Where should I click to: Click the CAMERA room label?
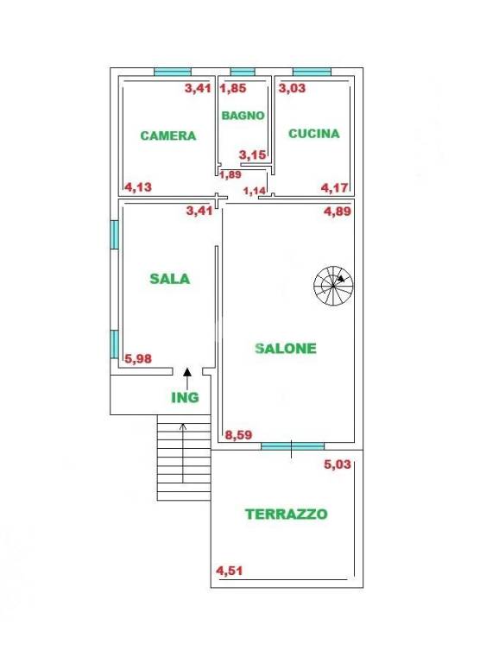tap(168, 136)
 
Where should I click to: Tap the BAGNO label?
tap(243, 115)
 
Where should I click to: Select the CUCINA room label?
tap(313, 134)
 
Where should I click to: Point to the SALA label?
tap(169, 279)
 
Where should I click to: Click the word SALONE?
tap(286, 349)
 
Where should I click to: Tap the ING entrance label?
tap(185, 398)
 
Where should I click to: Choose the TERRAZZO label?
tap(286, 514)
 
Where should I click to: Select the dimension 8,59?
tap(238, 436)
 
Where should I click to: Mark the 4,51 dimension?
tap(230, 570)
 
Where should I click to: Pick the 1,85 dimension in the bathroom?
tap(233, 88)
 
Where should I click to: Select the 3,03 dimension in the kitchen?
tap(292, 88)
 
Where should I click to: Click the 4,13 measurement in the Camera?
tap(139, 186)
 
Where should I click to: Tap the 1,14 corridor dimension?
tap(255, 191)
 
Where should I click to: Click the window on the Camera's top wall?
tap(173, 72)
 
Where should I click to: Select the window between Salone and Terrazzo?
tap(292, 446)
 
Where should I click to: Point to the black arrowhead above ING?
tap(188, 372)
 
